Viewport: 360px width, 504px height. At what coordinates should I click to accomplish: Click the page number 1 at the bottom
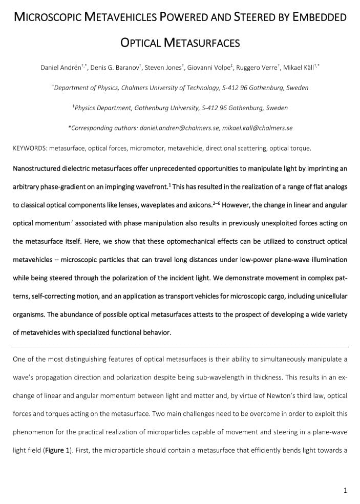coord(345,490)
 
